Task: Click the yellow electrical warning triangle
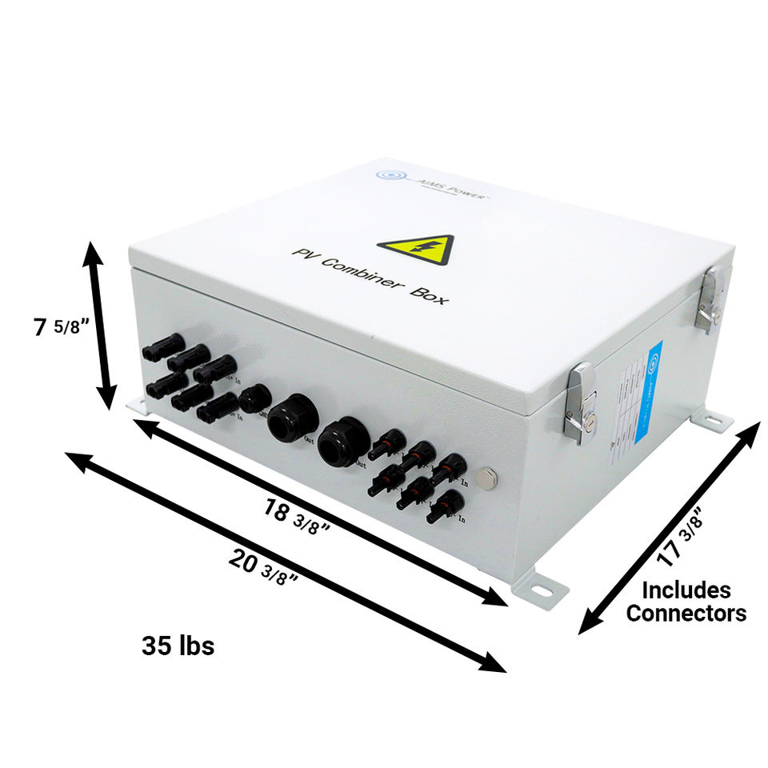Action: click(416, 250)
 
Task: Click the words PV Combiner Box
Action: click(370, 276)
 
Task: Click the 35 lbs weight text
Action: click(178, 646)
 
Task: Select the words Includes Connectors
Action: click(686, 602)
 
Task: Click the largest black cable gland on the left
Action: click(288, 418)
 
